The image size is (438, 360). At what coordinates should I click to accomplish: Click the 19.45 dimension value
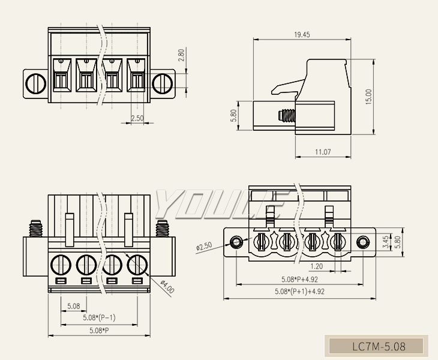[x=302, y=35]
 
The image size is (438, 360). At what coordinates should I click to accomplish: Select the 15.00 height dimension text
[x=368, y=97]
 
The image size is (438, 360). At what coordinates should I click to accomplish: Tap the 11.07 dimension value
[x=323, y=152]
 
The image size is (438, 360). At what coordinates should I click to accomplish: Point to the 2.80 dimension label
[x=181, y=56]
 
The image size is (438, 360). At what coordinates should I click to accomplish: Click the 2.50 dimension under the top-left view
[x=137, y=118]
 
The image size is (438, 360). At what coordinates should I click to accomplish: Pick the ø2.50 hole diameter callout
[x=204, y=246]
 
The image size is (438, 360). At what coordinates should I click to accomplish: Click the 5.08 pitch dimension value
[x=73, y=306]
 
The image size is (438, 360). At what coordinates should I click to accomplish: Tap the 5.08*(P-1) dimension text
[x=99, y=317]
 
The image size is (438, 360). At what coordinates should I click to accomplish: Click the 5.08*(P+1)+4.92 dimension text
[x=299, y=292]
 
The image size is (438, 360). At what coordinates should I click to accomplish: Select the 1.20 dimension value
[x=317, y=266]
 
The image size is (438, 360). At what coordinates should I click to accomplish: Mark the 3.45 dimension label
[x=385, y=242]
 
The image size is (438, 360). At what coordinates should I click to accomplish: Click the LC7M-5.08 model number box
[x=378, y=346]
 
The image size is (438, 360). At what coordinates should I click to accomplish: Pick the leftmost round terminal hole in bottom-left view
[x=61, y=263]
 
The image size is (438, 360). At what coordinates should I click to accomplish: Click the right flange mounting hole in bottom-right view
[x=362, y=242]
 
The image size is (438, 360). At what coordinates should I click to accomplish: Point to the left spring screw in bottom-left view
[x=35, y=229]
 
